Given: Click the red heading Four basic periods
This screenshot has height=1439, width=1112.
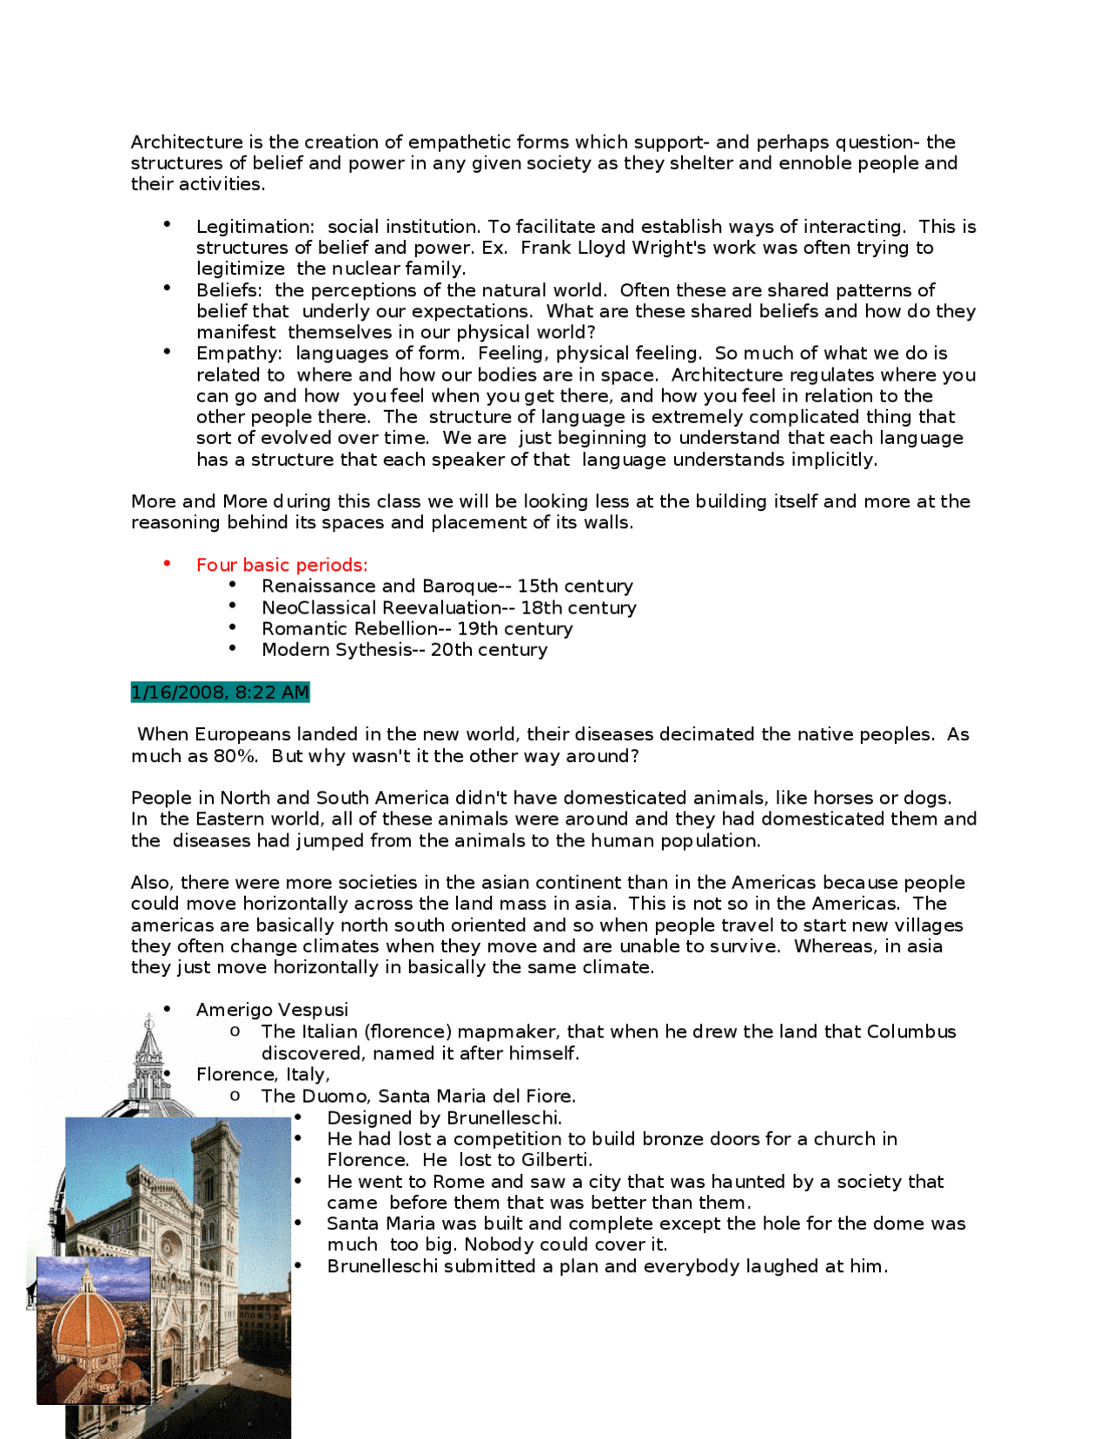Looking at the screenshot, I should [x=281, y=565].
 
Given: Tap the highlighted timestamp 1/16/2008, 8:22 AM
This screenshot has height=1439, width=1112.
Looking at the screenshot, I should [x=220, y=693].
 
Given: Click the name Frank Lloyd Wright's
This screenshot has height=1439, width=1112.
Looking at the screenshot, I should [x=599, y=248].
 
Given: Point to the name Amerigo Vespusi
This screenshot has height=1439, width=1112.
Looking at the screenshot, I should [x=272, y=1010].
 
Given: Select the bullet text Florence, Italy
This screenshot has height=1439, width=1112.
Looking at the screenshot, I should [x=262, y=1075].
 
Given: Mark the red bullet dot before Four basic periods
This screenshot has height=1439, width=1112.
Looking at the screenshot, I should [x=167, y=564].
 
